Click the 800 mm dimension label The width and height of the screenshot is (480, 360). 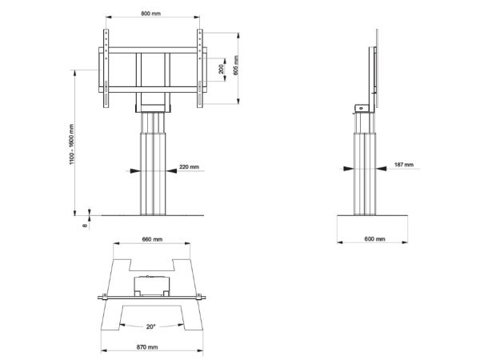pos(150,14)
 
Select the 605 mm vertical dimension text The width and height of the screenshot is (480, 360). pos(236,65)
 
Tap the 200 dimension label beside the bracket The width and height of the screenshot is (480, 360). pos(221,69)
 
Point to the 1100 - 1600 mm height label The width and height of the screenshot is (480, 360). pos(72,144)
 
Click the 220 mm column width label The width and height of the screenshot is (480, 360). pos(189,167)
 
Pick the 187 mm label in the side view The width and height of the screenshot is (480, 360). pos(404,165)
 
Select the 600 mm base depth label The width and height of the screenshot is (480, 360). pos(374,238)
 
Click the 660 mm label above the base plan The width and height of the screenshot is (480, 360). pos(152,239)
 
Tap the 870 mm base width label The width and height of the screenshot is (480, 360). pos(147,347)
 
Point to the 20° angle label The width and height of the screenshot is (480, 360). pos(150,326)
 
